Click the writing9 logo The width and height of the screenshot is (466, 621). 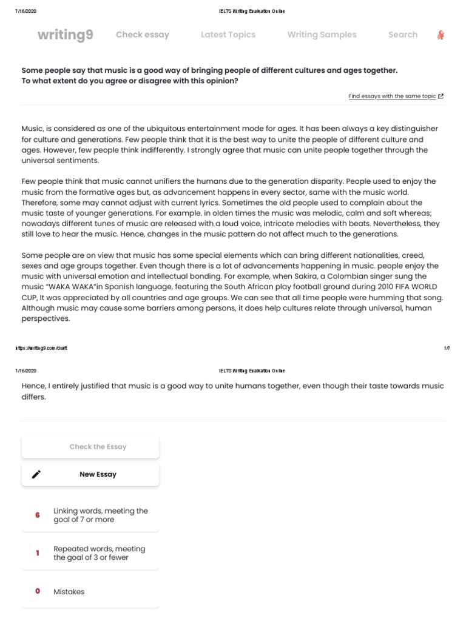click(66, 35)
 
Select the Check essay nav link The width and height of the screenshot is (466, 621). click(143, 35)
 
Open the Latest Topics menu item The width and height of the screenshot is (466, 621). click(228, 35)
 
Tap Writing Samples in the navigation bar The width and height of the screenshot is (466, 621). click(322, 35)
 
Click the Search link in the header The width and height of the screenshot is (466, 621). click(403, 35)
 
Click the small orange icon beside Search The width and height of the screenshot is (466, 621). click(441, 35)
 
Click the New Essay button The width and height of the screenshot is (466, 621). click(98, 474)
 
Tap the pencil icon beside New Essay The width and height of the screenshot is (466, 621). click(36, 474)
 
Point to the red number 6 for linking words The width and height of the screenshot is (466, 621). click(38, 515)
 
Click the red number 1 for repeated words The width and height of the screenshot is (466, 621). click(38, 553)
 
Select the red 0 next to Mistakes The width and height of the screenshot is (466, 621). click(38, 591)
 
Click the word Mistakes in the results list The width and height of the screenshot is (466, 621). click(69, 591)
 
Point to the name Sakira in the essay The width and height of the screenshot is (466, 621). click(305, 277)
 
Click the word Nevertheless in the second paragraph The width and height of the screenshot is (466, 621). click(400, 224)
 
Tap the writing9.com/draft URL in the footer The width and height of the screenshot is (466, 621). click(41, 348)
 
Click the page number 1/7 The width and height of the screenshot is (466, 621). click(447, 348)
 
